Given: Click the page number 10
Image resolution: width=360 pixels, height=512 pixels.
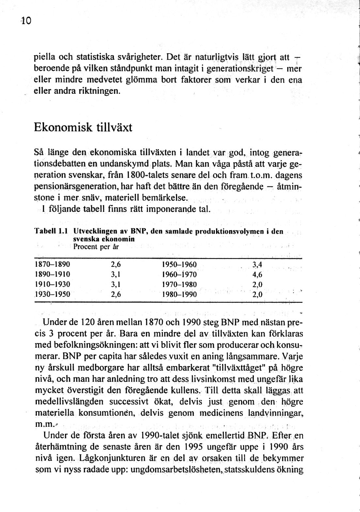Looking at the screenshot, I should (25, 21).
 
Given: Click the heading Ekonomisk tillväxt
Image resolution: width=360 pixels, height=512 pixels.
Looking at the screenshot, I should (83, 127).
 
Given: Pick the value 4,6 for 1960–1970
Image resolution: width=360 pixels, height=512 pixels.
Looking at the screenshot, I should (257, 274).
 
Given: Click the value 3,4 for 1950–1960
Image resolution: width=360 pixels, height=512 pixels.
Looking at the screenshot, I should (257, 264).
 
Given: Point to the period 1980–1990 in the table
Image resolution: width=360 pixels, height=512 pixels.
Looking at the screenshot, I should (179, 295).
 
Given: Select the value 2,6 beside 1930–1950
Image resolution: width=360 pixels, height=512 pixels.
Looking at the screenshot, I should (116, 294).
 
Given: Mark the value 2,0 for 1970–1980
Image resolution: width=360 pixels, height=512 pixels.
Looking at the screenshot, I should (257, 284).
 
